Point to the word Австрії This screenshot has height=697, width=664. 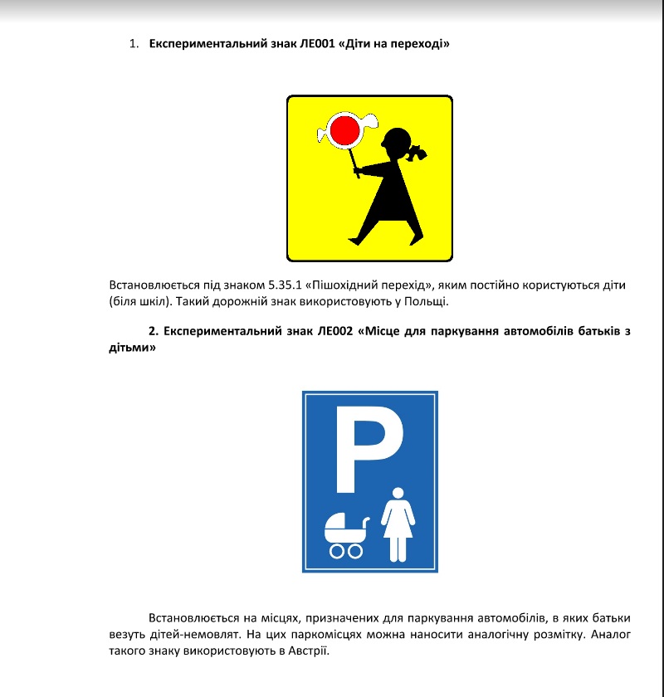[309, 651]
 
